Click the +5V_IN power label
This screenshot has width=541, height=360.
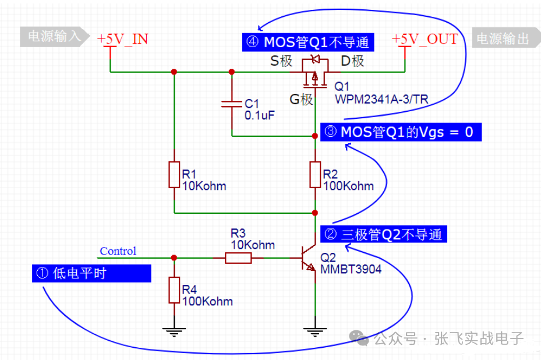[122, 39]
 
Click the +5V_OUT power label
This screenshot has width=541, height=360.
[425, 39]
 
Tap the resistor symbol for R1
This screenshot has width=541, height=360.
[174, 175]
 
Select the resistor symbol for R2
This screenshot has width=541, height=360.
[314, 175]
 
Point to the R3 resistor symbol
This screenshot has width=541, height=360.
[239, 257]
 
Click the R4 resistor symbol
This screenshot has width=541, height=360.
[174, 290]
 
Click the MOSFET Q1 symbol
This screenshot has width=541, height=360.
[314, 71]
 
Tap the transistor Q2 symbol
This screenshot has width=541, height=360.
[307, 257]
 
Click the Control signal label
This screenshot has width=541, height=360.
[118, 251]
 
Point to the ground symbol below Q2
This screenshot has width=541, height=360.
[314, 332]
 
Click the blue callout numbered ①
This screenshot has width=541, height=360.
[91, 273]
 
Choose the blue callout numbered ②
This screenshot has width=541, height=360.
[384, 235]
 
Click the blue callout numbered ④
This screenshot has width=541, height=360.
[308, 42]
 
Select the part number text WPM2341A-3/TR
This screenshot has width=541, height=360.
[381, 100]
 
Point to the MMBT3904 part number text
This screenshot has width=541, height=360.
[351, 269]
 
